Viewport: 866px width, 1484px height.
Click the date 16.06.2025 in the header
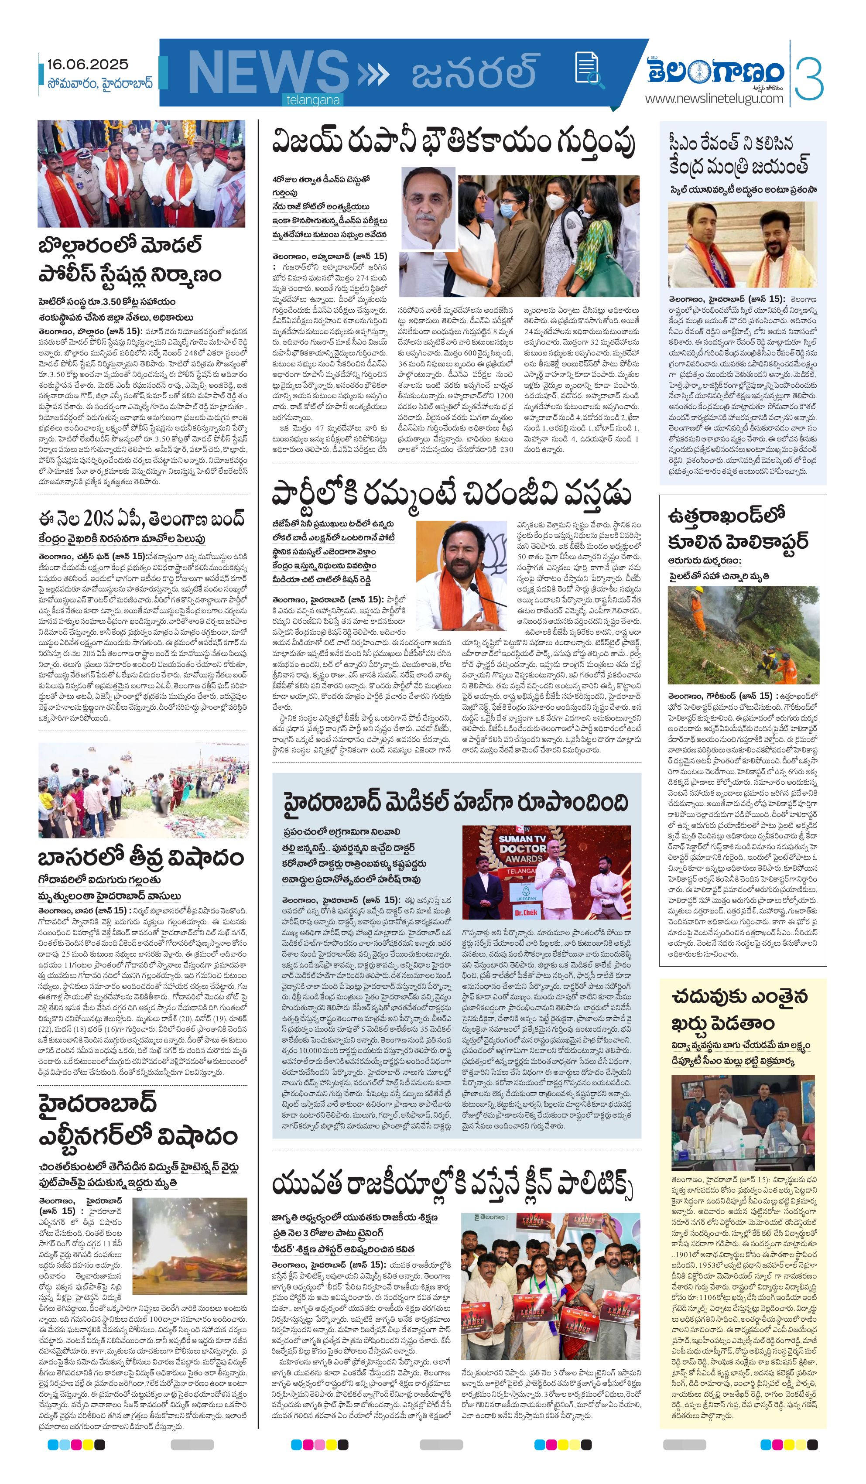(x=88, y=64)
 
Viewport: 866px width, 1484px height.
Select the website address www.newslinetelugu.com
(x=714, y=98)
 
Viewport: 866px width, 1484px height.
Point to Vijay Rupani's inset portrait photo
(x=428, y=209)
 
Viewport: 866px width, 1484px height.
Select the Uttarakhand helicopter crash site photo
(x=743, y=635)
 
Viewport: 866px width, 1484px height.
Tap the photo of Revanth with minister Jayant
(x=742, y=244)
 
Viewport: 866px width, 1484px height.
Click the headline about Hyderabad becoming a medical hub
(x=455, y=802)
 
